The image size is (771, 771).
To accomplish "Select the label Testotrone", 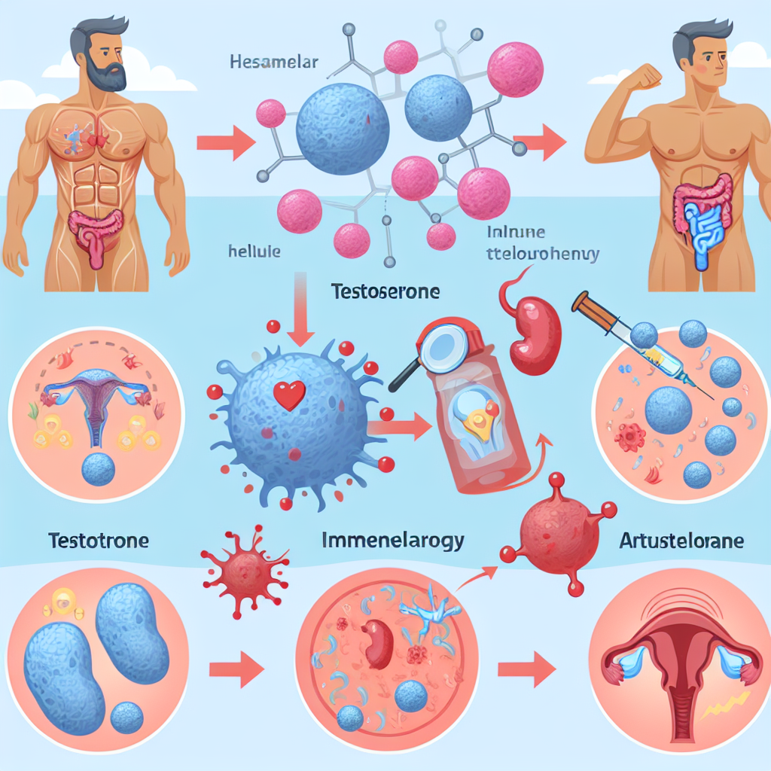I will coord(98,540).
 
